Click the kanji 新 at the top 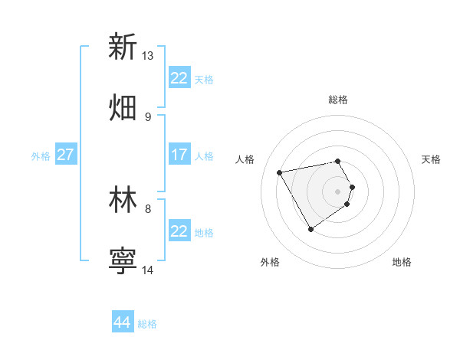(x=123, y=47)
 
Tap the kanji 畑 (x=123, y=107)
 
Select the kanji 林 (x=123, y=199)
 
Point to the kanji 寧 (x=123, y=260)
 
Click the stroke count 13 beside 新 (x=147, y=56)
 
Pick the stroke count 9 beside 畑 (x=147, y=116)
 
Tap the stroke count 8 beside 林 (x=147, y=208)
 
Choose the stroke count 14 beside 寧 (x=147, y=269)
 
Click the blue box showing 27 (x=65, y=155)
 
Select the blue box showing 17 (x=179, y=155)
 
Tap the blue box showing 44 (x=122, y=322)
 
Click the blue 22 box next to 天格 (x=179, y=78)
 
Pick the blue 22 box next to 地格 (x=179, y=231)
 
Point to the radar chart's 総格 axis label (x=338, y=100)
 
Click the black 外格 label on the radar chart (x=270, y=262)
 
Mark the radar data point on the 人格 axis (x=280, y=172)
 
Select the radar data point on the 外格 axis (x=310, y=229)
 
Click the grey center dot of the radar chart (x=338, y=191)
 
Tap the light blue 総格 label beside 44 (x=147, y=324)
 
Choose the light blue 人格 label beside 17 (x=204, y=156)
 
